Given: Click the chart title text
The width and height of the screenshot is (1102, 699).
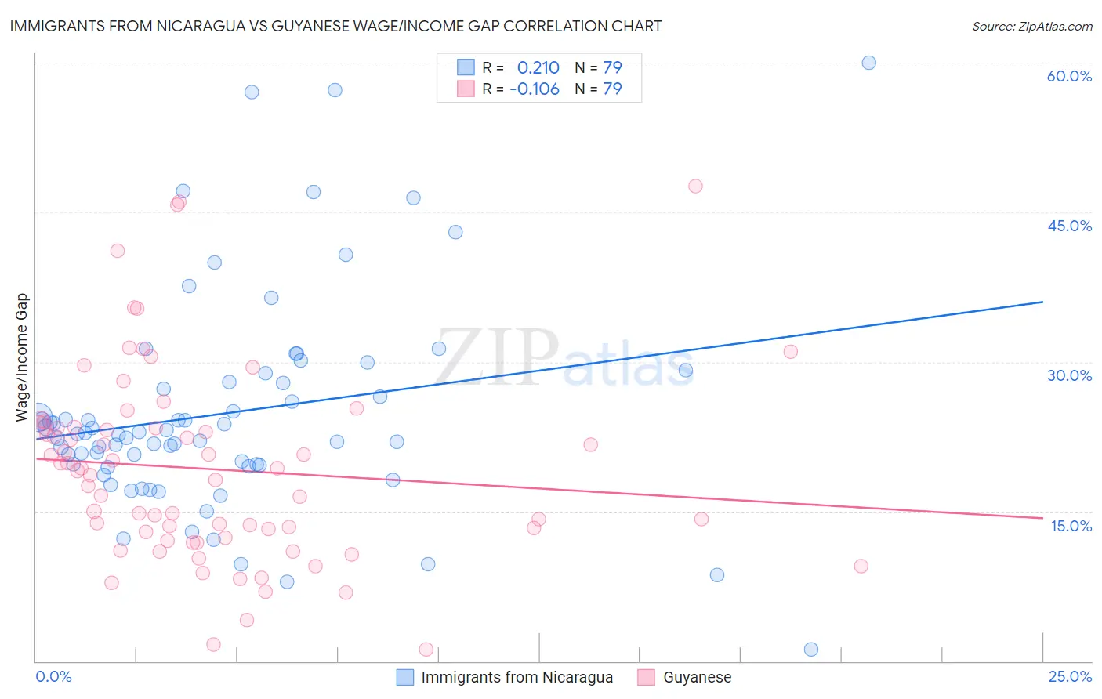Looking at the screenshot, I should [335, 27].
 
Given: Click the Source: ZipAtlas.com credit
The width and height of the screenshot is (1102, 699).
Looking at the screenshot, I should [1031, 27].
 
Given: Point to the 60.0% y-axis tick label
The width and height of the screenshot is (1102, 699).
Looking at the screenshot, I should [1069, 76].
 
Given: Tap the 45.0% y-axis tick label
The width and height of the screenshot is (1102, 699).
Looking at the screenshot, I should [1069, 226].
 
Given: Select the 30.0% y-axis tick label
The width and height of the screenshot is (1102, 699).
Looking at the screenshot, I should [1069, 375].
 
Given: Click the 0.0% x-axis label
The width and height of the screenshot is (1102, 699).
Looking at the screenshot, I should [53, 676].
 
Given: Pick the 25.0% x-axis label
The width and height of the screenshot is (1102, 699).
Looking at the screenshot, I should [1070, 676].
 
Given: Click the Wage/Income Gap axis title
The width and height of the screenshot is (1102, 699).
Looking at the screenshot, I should [22, 357].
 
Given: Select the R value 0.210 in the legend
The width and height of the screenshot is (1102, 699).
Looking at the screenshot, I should [538, 67].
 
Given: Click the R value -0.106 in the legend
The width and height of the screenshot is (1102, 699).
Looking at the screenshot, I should [535, 89].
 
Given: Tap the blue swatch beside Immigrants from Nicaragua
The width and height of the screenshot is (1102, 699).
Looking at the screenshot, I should [405, 677].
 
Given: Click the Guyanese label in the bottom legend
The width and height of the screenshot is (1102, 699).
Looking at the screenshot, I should [697, 677].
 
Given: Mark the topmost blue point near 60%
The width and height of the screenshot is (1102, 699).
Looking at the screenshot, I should [868, 63].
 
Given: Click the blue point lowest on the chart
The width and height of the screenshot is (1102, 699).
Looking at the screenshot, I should [811, 649].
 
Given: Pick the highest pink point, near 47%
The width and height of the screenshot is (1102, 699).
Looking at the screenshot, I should [695, 187].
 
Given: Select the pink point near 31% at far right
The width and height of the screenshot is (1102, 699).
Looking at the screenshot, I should [791, 352].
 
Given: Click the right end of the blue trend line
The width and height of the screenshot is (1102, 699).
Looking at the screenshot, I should [1042, 302].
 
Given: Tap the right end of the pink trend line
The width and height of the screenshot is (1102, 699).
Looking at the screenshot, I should [1042, 517].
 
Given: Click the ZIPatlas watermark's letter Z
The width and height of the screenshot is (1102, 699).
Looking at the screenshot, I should [459, 357].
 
